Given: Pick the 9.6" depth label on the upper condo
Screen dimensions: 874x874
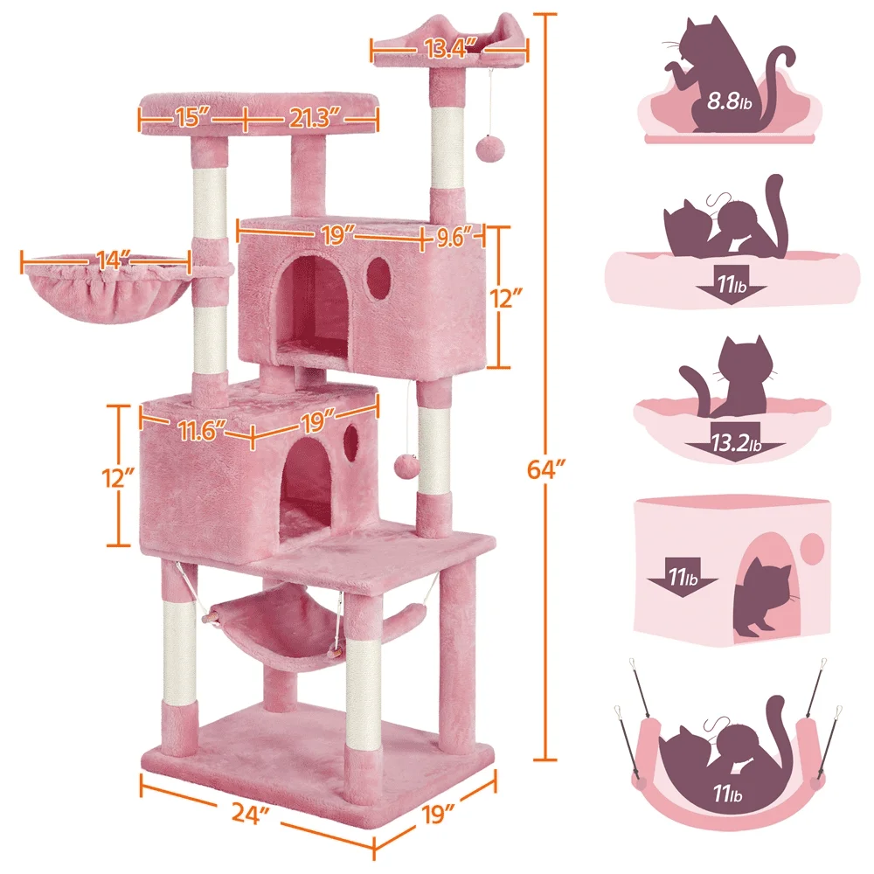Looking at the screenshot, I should click(455, 234).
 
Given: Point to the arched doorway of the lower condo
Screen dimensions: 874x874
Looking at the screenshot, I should click(306, 489).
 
